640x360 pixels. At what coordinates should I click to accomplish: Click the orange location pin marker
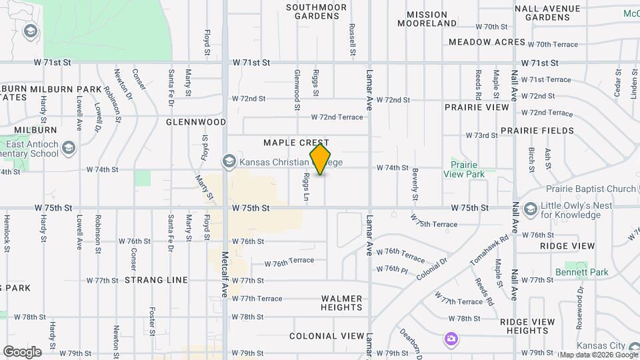point(321,159)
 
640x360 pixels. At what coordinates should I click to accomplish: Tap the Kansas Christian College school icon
point(229,161)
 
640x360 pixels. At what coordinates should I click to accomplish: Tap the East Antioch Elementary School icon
point(68,147)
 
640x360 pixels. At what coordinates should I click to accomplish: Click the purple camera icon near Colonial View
point(451,339)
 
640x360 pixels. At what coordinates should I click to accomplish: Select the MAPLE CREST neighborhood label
point(296,143)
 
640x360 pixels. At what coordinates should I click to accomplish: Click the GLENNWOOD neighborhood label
point(196,122)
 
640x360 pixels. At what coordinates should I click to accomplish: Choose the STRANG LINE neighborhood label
point(156,280)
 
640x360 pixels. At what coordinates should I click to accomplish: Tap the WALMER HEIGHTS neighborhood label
point(341,303)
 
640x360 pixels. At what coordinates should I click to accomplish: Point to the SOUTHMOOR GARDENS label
point(317,11)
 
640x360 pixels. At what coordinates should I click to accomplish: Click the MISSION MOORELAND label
point(427,19)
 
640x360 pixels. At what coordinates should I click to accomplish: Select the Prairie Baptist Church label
point(591,189)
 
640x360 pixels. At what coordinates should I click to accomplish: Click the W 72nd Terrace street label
point(337,117)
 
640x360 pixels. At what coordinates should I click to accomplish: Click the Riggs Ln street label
point(307,187)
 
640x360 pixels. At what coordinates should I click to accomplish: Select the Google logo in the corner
point(21,352)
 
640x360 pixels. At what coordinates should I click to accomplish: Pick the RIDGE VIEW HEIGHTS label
point(527,326)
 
